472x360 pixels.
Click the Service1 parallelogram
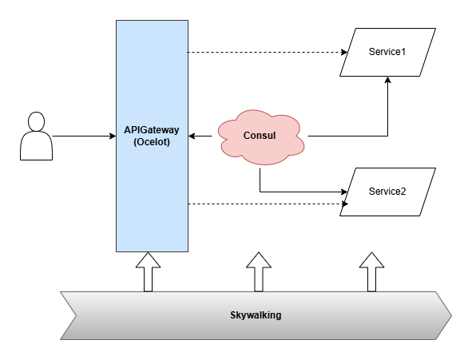pyautogui.click(x=387, y=53)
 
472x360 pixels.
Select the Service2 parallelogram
pyautogui.click(x=387, y=192)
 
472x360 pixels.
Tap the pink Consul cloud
pyautogui.click(x=261, y=137)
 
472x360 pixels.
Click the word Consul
pyautogui.click(x=260, y=136)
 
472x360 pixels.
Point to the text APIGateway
pyautogui.click(x=152, y=130)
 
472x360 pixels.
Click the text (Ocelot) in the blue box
pyautogui.click(x=152, y=141)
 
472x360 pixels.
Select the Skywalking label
pyautogui.click(x=256, y=315)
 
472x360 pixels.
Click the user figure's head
pyautogui.click(x=37, y=121)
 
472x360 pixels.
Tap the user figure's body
pyautogui.click(x=37, y=146)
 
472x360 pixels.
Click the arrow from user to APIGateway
pyautogui.click(x=84, y=136)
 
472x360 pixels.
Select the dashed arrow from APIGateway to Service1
pyautogui.click(x=268, y=53)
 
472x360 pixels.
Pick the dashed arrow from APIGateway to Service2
pyautogui.click(x=268, y=204)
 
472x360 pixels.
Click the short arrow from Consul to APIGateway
pyautogui.click(x=200, y=136)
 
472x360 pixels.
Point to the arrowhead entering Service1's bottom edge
pyautogui.click(x=387, y=80)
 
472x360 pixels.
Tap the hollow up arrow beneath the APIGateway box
pyautogui.click(x=148, y=272)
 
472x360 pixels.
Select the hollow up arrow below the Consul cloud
pyautogui.click(x=259, y=272)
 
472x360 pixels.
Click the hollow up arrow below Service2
pyautogui.click(x=371, y=272)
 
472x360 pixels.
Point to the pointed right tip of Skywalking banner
pyautogui.click(x=451, y=315)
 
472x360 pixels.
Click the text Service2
pyautogui.click(x=387, y=192)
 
